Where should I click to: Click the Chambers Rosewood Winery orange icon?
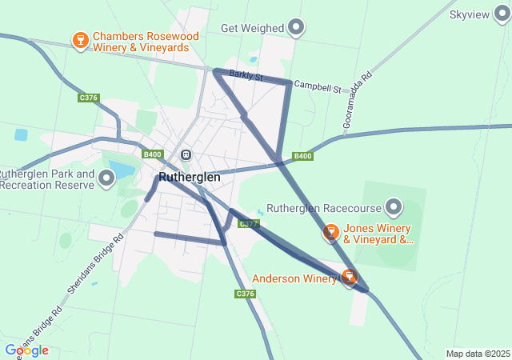(80, 40)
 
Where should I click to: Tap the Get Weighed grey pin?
(297, 28)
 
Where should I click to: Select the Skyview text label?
(470, 15)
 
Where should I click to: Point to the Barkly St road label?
(246, 76)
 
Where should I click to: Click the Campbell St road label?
(317, 85)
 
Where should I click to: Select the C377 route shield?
(249, 224)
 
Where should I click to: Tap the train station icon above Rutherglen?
(186, 154)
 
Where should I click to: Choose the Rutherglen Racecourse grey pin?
(394, 208)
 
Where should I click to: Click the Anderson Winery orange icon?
(349, 277)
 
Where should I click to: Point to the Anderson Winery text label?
(294, 279)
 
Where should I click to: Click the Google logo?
(26, 350)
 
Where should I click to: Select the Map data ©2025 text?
(478, 354)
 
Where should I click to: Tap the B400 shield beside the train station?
(152, 154)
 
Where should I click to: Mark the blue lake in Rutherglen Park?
(121, 169)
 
